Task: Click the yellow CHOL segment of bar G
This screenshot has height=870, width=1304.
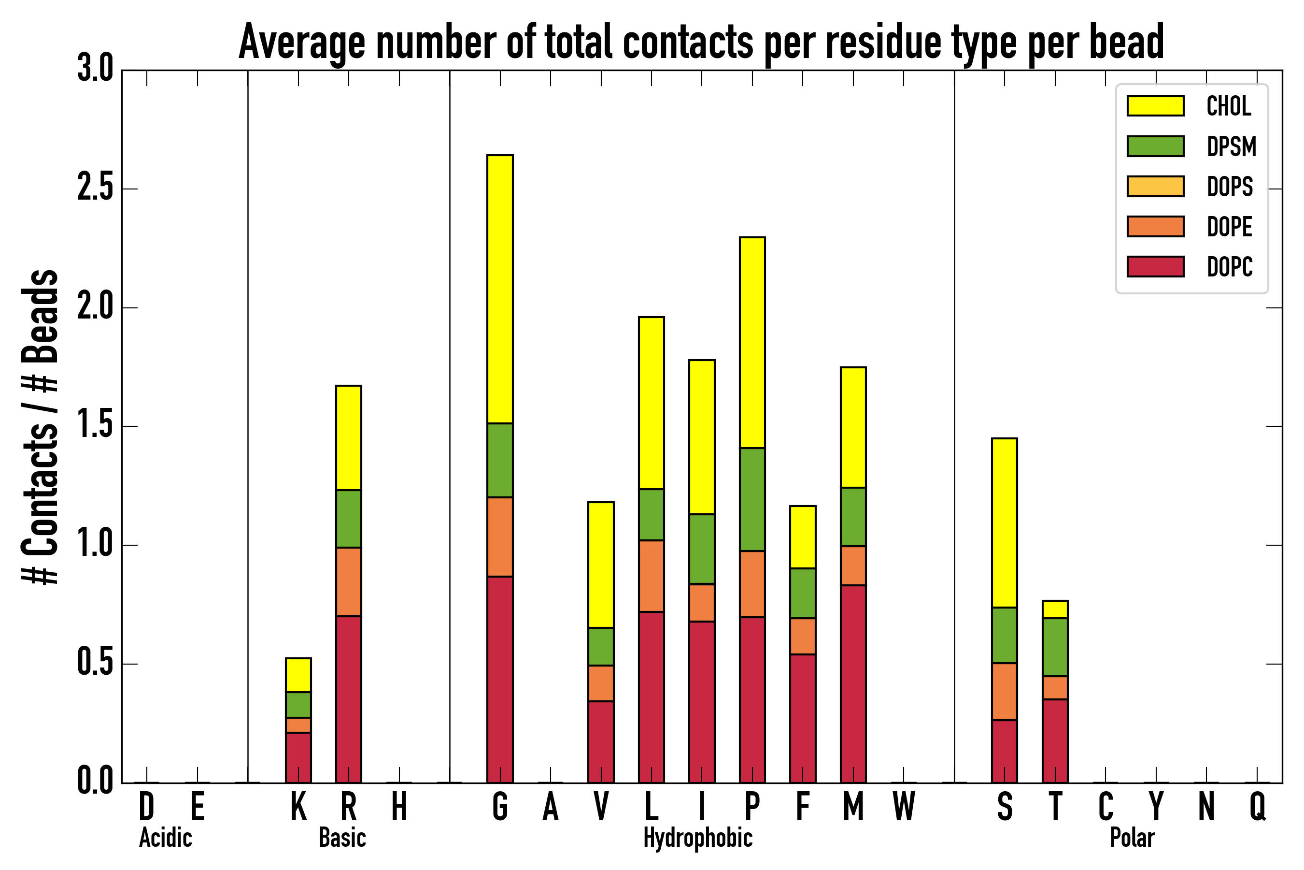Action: pos(499,289)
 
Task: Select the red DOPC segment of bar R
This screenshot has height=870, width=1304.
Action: pos(348,699)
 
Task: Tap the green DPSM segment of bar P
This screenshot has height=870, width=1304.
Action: pos(752,499)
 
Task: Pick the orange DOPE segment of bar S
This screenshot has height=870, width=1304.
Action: pos(1004,691)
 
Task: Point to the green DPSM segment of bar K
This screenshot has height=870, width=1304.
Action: pos(298,705)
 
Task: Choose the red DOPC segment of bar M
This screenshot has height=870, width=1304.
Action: pos(853,683)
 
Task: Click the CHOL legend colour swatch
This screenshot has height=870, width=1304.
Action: pos(1155,106)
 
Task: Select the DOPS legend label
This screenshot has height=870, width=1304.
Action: pos(1229,187)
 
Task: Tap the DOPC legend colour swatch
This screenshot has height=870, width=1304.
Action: pos(1155,266)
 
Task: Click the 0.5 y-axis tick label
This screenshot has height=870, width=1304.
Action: pos(95,663)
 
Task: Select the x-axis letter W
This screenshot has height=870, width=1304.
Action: pos(903,807)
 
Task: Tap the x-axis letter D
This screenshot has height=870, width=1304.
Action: pos(146,807)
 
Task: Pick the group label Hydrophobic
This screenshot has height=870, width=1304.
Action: pos(697,838)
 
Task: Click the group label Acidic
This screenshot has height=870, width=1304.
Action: pos(165,838)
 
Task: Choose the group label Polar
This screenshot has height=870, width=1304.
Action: pos(1132,838)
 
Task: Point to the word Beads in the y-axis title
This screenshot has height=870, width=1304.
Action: pos(40,316)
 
